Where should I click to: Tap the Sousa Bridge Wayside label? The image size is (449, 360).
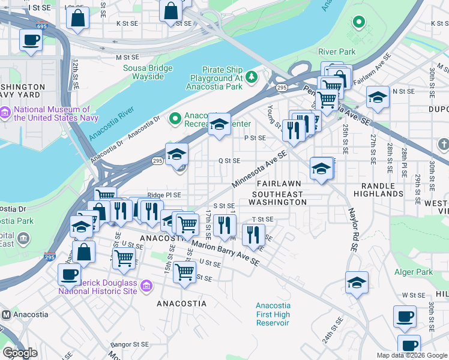[x=143, y=72]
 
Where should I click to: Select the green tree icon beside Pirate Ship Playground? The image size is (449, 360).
[x=252, y=76]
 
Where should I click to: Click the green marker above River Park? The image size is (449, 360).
[x=359, y=23]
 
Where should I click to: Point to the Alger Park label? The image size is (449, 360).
[x=414, y=272]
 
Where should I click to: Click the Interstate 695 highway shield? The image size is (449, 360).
[x=41, y=26]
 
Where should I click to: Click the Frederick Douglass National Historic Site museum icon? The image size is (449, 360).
[x=146, y=287]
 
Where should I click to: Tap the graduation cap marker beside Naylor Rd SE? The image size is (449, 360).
[x=357, y=281]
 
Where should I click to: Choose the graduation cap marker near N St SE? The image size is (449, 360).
[x=378, y=97]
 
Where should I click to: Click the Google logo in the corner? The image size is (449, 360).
[x=20, y=353]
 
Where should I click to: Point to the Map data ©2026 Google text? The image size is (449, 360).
[x=412, y=355]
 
